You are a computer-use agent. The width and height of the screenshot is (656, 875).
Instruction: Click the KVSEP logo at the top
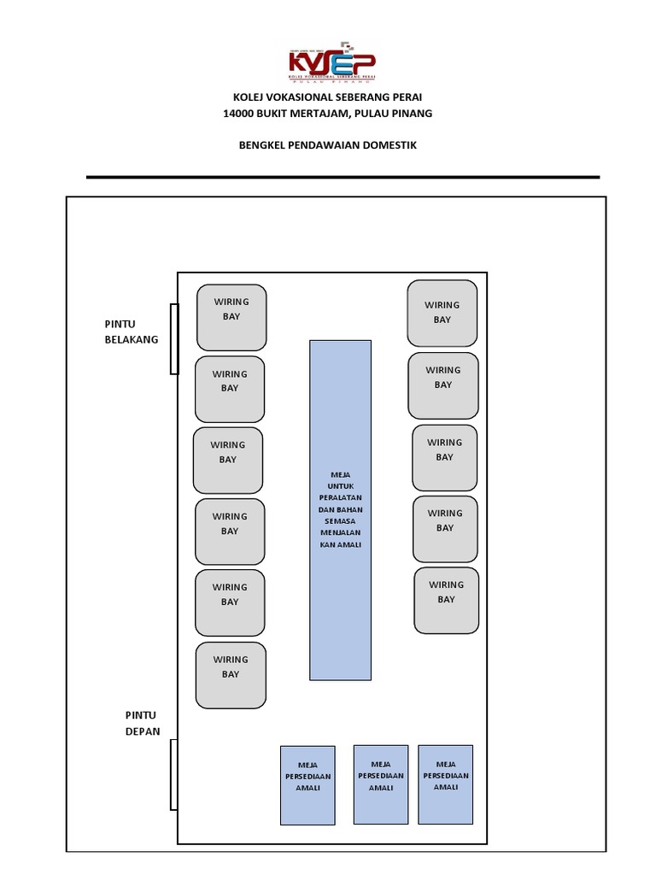click(332, 65)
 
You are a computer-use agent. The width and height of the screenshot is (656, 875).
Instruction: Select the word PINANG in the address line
click(412, 113)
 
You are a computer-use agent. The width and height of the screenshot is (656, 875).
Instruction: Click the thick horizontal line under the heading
click(343, 177)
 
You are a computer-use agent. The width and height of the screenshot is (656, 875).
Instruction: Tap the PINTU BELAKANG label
click(131, 332)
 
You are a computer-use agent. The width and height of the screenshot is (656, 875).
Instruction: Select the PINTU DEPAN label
click(143, 723)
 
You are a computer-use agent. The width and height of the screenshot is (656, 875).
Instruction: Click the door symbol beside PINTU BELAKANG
click(174, 339)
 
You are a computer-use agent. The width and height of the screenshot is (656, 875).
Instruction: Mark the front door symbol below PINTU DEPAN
click(174, 775)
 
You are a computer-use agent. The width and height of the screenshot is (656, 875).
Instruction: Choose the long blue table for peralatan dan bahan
click(340, 509)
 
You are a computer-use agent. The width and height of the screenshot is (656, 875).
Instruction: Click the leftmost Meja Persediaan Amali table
click(307, 784)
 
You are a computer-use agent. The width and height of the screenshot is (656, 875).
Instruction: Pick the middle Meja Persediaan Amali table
click(380, 784)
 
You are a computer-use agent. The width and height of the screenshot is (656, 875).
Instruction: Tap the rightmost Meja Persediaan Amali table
click(445, 784)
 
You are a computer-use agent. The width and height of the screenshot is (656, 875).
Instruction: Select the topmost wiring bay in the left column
click(231, 317)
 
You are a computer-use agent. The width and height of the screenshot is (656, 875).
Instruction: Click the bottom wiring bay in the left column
click(231, 675)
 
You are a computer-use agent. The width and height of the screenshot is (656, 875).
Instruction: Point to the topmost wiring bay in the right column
click(442, 313)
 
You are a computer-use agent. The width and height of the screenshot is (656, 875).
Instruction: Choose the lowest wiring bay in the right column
click(446, 600)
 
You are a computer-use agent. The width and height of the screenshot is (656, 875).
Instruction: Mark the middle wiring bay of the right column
click(444, 458)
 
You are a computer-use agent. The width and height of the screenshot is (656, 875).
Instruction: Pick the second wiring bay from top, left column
click(230, 389)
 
